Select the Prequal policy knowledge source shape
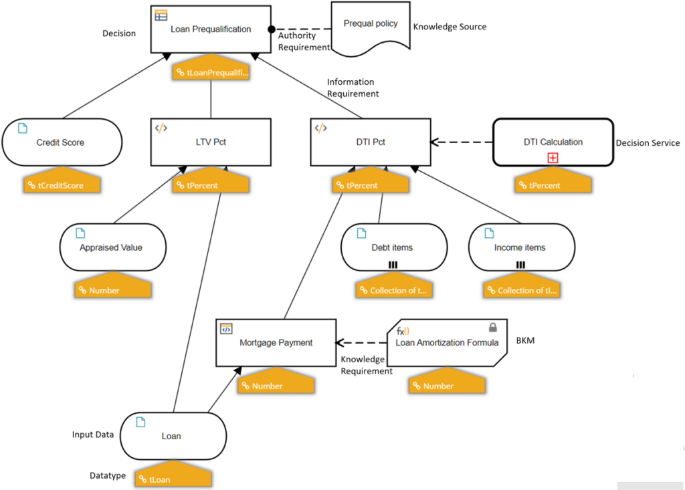tap(371, 26)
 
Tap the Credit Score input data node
tap(61, 142)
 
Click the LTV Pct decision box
tap(211, 142)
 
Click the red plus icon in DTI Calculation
tap(553, 158)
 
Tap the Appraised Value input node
tap(111, 247)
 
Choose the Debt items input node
tap(392, 247)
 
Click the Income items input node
tap(520, 247)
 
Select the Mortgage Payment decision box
tap(276, 343)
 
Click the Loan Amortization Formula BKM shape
tap(446, 343)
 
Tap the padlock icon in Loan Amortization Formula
tap(493, 328)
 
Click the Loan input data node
tap(171, 436)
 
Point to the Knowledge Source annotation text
tap(450, 27)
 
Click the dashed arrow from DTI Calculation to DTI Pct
tap(462, 142)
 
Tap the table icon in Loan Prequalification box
tap(161, 16)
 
